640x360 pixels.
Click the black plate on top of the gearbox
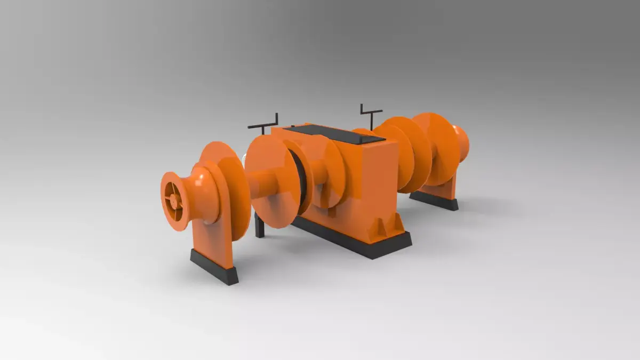point(335,134)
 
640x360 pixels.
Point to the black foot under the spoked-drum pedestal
point(214,266)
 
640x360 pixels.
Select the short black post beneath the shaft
point(260,226)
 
